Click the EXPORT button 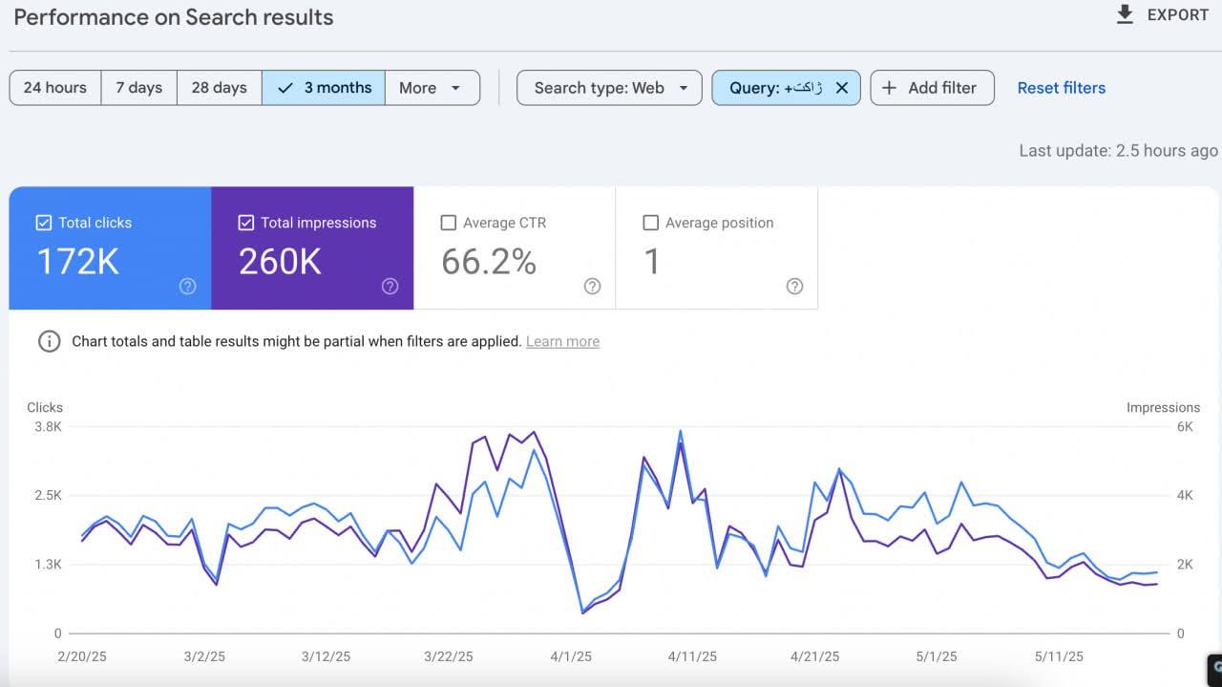click(1163, 15)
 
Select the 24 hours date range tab click(55, 88)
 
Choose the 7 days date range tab click(139, 88)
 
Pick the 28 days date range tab click(220, 88)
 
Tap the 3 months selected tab click(325, 88)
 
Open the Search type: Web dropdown click(609, 88)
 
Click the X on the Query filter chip click(842, 88)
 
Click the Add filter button click(931, 88)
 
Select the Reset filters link click(1061, 88)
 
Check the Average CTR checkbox click(449, 223)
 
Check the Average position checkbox click(651, 223)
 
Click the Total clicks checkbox click(44, 223)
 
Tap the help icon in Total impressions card click(390, 287)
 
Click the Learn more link click(562, 341)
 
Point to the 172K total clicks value click(77, 262)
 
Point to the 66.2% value click(489, 262)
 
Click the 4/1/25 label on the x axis click(571, 656)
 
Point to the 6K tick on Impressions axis click(1184, 427)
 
